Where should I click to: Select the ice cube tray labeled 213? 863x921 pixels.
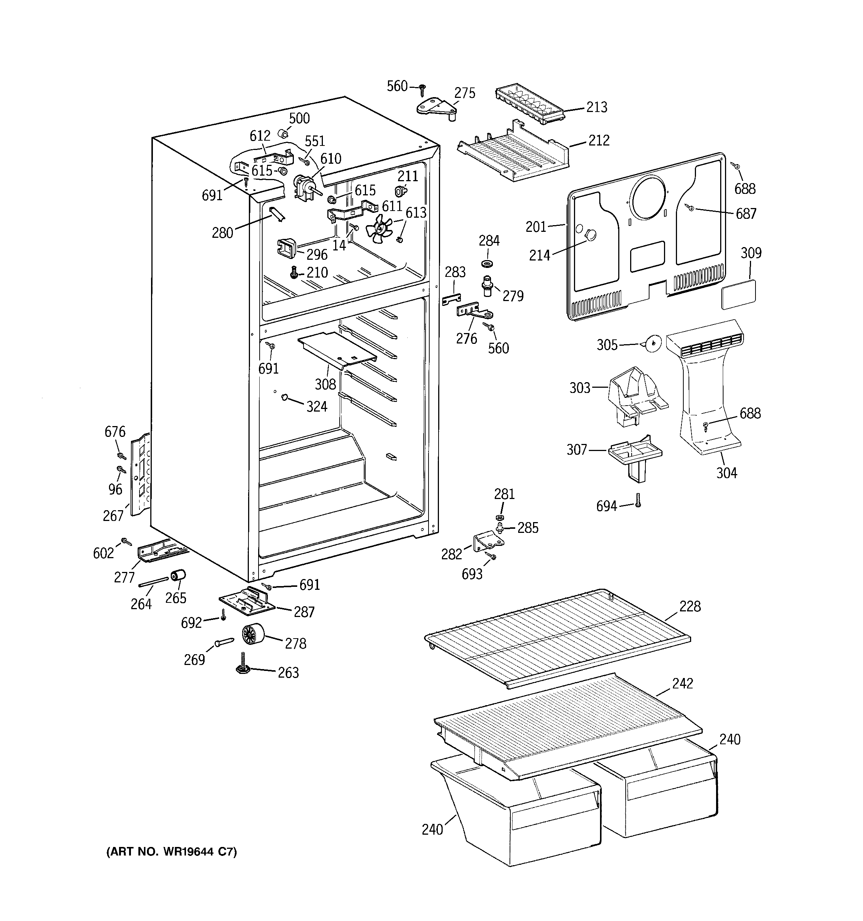529,105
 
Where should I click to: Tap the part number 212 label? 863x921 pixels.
599,140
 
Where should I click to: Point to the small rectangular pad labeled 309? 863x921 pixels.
738,294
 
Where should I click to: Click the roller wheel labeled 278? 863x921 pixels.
253,634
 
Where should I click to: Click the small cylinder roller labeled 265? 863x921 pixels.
178,576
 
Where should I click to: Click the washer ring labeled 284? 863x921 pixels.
487,263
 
